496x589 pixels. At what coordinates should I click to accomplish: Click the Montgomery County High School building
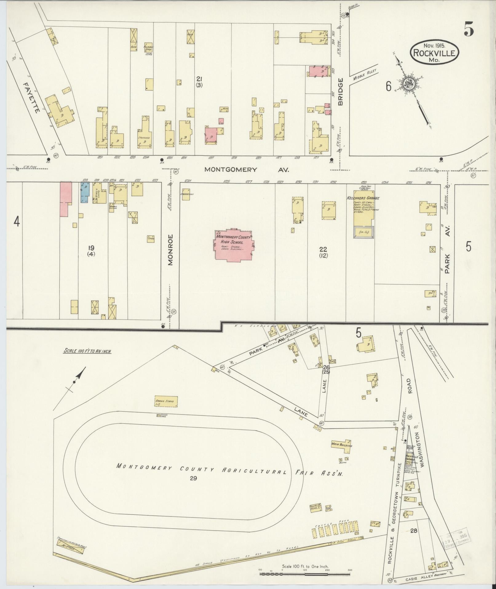point(233,245)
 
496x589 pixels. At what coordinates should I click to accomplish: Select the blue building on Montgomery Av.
point(85,193)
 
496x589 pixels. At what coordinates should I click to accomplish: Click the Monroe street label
point(171,250)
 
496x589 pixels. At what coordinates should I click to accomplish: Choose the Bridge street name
point(340,91)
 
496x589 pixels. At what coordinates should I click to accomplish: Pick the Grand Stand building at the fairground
point(166,401)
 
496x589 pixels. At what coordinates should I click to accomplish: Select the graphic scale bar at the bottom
point(305,574)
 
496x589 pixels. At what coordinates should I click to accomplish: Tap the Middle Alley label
point(365,74)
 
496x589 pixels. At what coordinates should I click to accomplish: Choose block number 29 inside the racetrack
point(193,487)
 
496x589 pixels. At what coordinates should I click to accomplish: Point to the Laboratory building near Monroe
point(186,194)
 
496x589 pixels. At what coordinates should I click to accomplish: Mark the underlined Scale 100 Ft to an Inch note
point(87,351)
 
